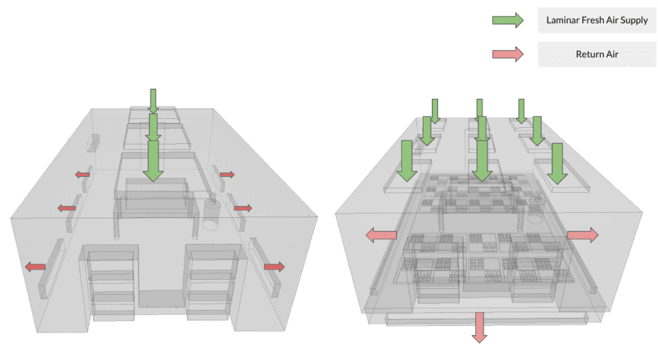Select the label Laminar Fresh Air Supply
tap(596, 20)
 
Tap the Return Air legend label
tap(596, 55)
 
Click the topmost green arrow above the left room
tap(153, 101)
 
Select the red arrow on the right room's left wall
tap(380, 235)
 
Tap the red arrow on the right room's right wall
tap(583, 235)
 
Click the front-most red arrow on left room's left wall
tap(36, 267)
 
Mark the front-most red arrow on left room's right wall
tap(274, 266)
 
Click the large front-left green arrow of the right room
tap(406, 161)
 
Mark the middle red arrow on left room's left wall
tap(66, 208)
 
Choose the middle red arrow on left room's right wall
tap(242, 208)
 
